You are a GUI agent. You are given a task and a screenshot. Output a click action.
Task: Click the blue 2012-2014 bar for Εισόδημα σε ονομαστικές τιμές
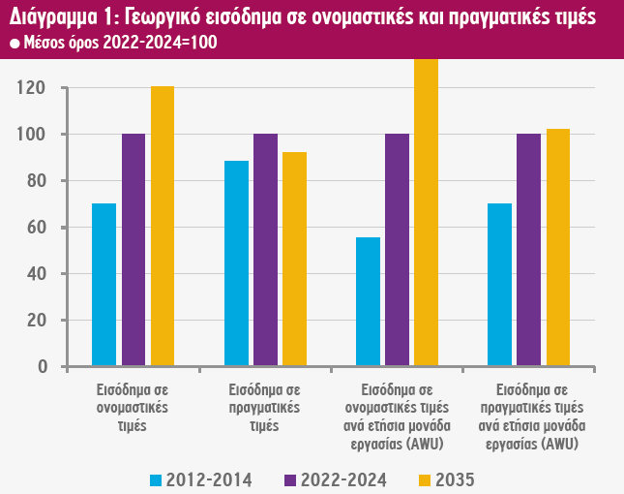(x=104, y=285)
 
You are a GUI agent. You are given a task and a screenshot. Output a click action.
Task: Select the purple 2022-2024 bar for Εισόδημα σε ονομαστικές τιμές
(x=134, y=250)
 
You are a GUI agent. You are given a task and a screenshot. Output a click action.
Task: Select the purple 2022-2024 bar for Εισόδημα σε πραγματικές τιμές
(x=265, y=250)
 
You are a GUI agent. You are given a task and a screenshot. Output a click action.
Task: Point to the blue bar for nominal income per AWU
(x=369, y=301)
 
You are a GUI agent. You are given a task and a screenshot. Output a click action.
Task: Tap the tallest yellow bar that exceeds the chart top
(x=427, y=212)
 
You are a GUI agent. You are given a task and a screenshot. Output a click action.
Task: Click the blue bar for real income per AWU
(x=499, y=285)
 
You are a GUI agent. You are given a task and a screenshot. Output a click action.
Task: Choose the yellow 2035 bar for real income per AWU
(x=558, y=247)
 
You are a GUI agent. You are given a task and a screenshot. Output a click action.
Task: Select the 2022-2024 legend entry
(x=334, y=479)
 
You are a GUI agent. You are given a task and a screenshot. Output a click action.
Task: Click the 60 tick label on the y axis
(x=36, y=228)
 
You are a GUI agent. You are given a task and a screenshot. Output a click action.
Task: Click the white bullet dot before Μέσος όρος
(x=14, y=45)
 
